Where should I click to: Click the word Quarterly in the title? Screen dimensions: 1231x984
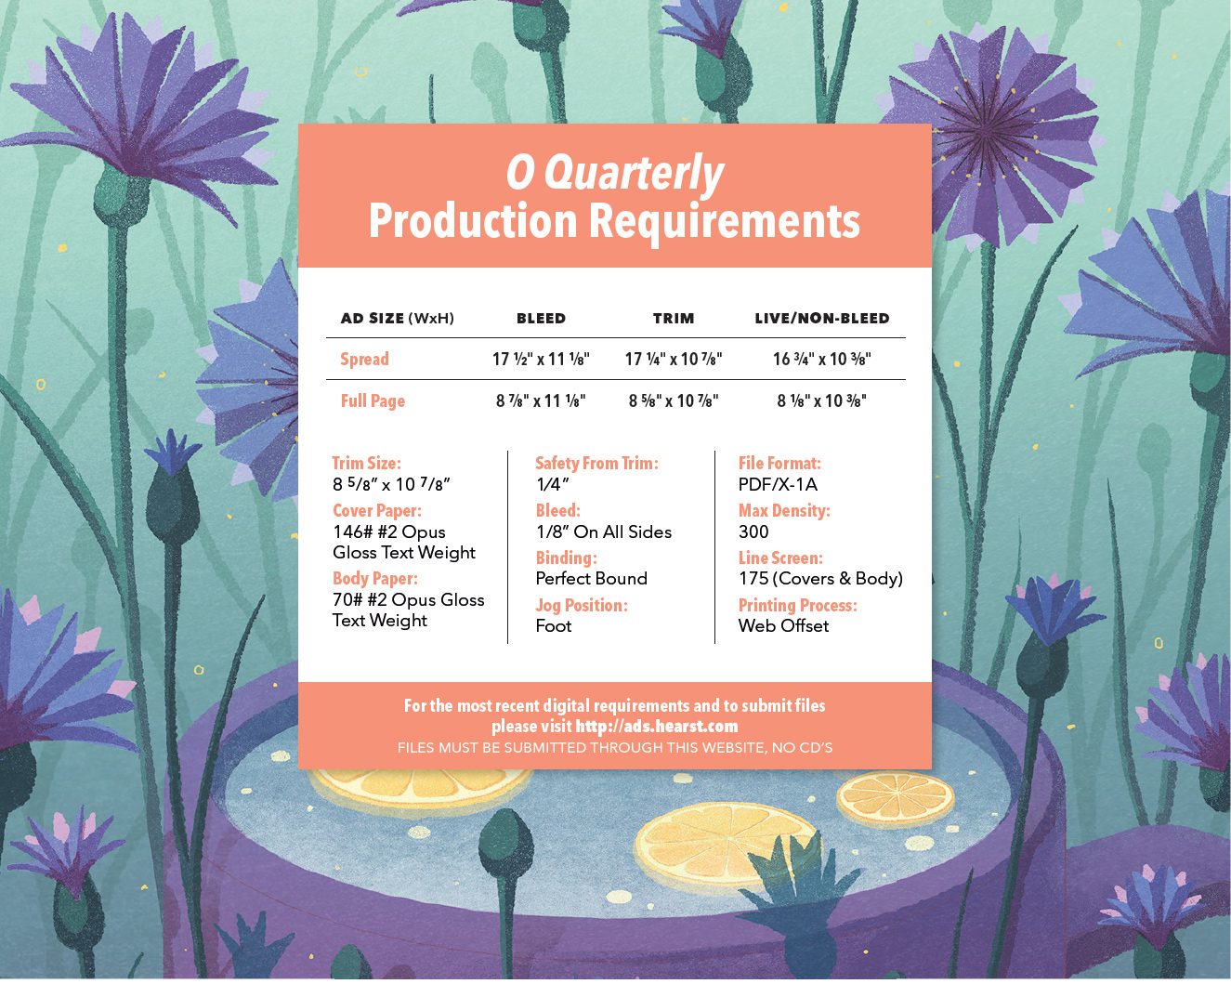click(x=634, y=174)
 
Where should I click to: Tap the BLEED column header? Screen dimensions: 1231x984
click(x=541, y=318)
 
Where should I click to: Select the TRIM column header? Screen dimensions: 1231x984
click(x=674, y=318)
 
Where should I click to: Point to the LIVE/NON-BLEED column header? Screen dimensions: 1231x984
click(x=822, y=318)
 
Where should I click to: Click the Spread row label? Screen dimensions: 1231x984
click(x=364, y=359)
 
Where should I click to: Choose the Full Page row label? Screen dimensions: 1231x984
click(x=373, y=400)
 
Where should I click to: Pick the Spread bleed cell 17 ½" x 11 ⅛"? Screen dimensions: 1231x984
click(x=541, y=359)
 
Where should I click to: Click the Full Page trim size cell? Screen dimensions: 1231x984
click(x=674, y=400)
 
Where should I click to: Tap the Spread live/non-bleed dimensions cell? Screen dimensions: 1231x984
click(x=822, y=359)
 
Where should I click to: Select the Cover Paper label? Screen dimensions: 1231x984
click(x=377, y=510)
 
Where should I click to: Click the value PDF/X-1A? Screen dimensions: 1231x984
click(x=778, y=484)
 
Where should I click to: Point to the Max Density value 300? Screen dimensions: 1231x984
click(x=753, y=531)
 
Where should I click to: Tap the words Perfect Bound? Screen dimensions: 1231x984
click(x=592, y=578)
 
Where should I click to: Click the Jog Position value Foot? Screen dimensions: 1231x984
click(x=553, y=626)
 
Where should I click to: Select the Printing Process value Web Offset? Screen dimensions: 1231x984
click(x=783, y=626)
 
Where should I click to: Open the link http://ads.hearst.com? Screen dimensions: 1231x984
click(x=656, y=727)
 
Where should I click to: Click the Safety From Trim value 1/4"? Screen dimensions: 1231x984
click(x=552, y=484)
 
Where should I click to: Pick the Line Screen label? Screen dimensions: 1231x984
click(x=780, y=558)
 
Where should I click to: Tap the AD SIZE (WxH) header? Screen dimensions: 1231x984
click(x=397, y=318)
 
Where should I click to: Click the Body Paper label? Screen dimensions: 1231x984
click(x=375, y=578)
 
